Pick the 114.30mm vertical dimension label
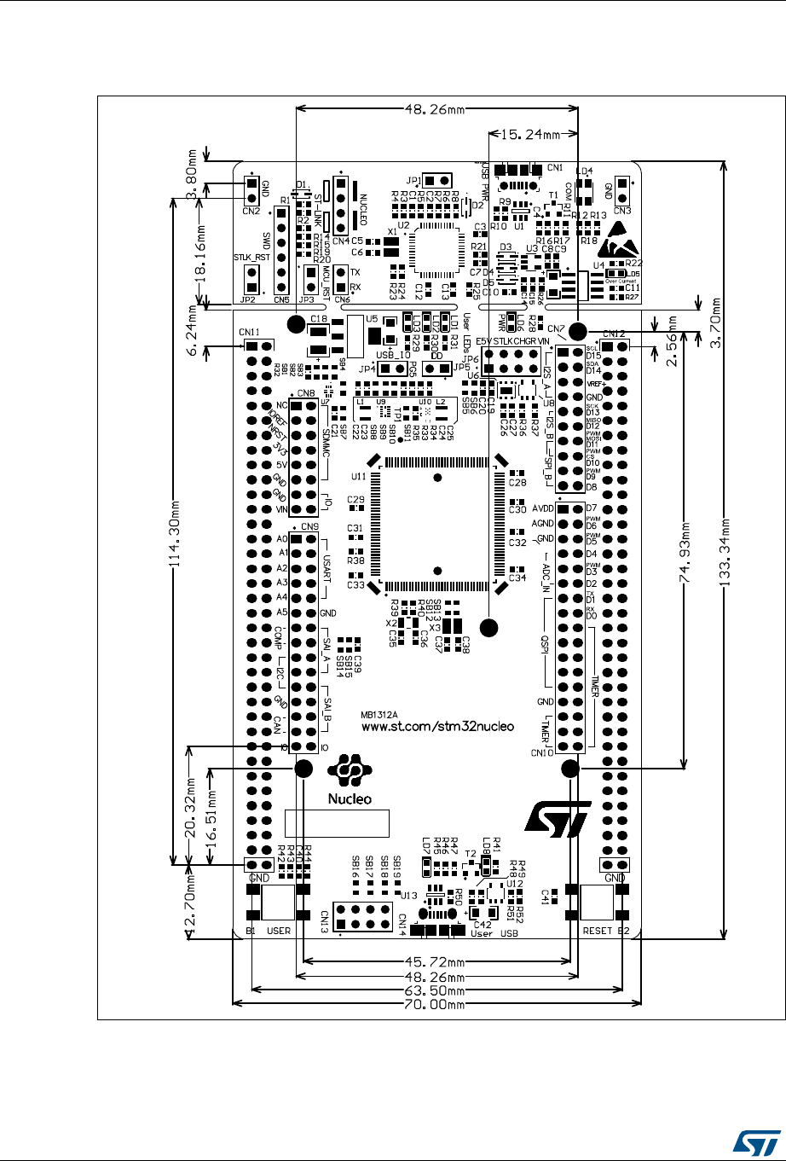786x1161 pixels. pos(176,531)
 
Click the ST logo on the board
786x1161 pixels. pos(556,820)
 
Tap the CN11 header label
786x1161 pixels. pos(250,332)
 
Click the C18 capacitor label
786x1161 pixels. pos(319,318)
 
